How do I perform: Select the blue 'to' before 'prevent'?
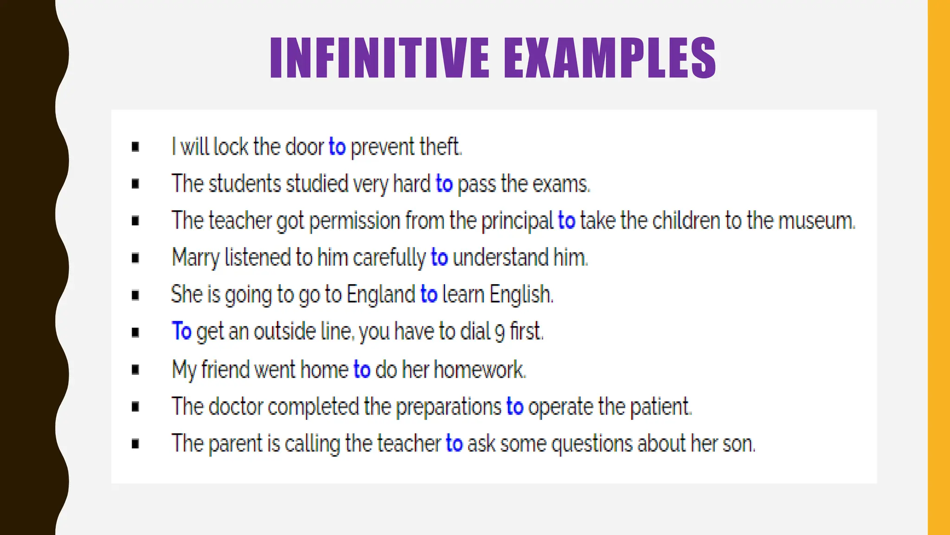[337, 147]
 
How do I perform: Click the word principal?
[517, 221]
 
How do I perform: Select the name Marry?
[195, 258]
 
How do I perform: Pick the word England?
[381, 294]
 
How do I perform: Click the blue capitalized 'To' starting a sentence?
[181, 331]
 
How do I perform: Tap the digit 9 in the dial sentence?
[500, 332]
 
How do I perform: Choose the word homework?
[479, 370]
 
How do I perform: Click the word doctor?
[236, 406]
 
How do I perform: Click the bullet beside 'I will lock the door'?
[135, 147]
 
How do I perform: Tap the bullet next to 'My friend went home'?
[135, 370]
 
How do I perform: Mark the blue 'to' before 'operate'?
[515, 406]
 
